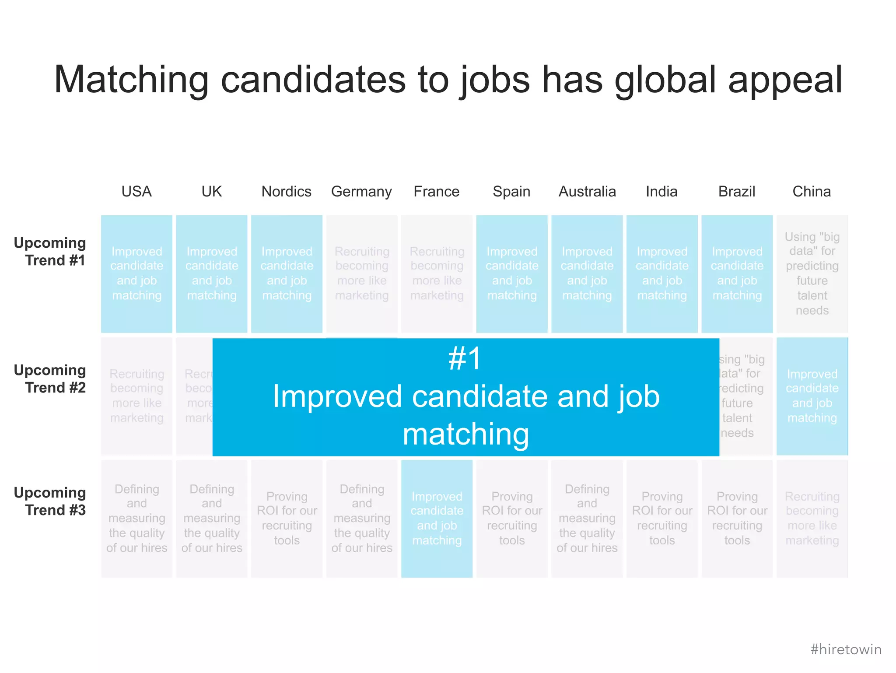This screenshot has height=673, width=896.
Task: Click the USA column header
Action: pos(136,192)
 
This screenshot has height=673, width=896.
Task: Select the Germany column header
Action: pos(361,192)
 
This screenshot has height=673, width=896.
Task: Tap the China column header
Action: pos(812,192)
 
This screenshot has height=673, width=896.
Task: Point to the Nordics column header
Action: pos(287,192)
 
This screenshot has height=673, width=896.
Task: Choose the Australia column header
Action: pos(587,192)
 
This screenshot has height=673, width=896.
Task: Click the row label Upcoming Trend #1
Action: pos(50,252)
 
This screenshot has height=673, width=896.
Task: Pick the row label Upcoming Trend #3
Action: pos(50,501)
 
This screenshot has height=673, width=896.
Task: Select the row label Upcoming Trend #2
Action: pos(50,379)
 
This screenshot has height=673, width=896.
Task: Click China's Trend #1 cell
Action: pos(812,274)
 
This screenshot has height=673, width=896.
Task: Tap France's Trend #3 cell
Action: pos(437,519)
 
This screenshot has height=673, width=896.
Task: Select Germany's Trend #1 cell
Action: pos(362,274)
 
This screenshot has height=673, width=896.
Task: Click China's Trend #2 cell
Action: pos(812,396)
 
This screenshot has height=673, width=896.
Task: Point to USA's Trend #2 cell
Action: pos(136,396)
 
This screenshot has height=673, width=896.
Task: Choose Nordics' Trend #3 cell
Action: pos(287,519)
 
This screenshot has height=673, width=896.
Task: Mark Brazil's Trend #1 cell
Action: pos(737,274)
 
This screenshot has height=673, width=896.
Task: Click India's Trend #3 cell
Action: pos(662,519)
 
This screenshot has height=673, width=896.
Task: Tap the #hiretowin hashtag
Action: pos(846,649)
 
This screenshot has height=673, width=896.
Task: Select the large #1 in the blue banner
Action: pos(465,359)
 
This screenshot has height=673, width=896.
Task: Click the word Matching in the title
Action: pos(131,80)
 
